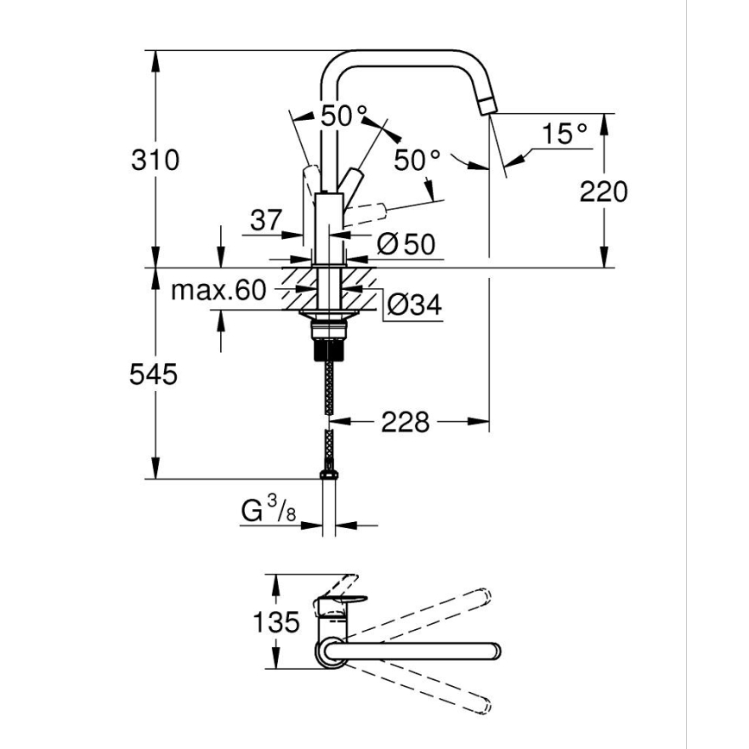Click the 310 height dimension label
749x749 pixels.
click(155, 160)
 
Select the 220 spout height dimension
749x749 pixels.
click(603, 191)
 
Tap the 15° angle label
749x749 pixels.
click(565, 134)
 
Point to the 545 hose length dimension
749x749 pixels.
click(154, 374)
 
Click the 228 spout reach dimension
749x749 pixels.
click(405, 422)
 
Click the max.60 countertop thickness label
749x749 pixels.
click(218, 290)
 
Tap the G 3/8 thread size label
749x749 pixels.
click(268, 513)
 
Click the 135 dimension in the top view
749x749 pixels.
click(278, 622)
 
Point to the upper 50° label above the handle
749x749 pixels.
click(343, 116)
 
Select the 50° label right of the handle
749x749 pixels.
click(417, 160)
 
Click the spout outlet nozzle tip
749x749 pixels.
click(486, 106)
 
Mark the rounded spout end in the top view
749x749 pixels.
click(493, 649)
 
